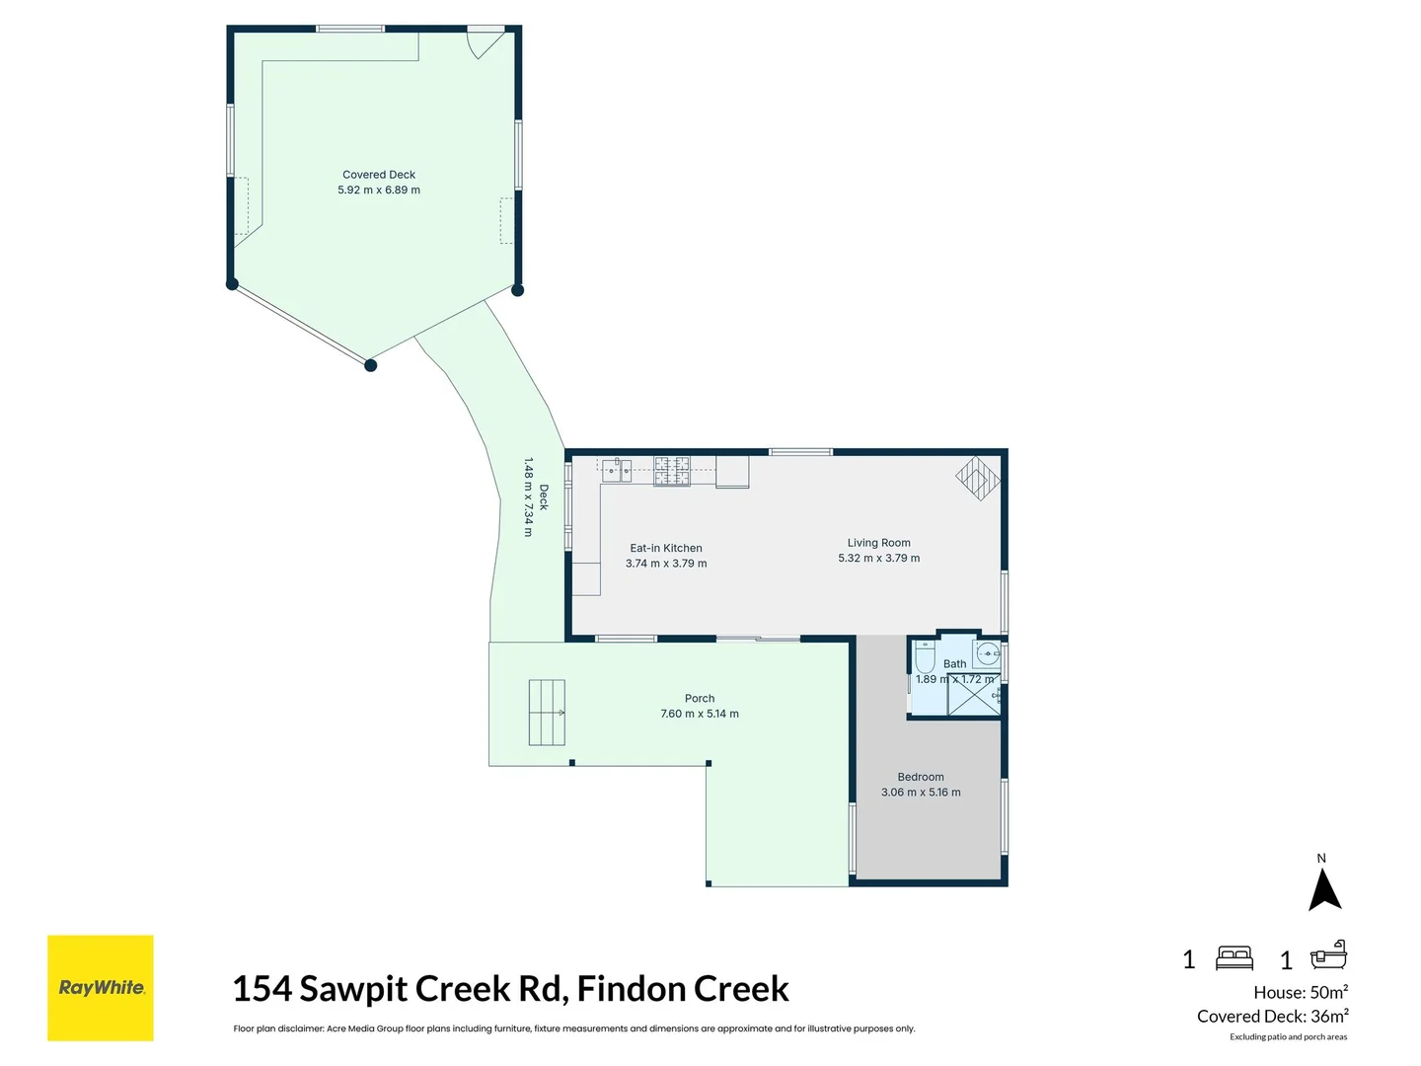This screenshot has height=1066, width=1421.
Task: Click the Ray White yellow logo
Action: click(x=101, y=987)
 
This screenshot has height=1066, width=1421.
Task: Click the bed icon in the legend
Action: click(x=1234, y=957)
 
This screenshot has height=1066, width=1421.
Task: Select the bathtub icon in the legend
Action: click(x=1328, y=955)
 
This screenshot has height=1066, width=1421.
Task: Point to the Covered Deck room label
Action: click(x=379, y=175)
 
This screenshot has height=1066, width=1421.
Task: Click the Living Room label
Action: click(x=878, y=543)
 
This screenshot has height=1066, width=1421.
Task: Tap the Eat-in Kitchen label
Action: click(x=666, y=549)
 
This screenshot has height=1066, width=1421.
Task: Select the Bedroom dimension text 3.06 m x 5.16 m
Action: click(x=921, y=793)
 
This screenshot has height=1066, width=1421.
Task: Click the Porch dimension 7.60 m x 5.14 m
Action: click(x=700, y=714)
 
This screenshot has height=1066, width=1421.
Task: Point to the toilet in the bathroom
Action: click(x=925, y=656)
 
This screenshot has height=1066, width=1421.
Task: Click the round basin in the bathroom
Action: click(x=987, y=653)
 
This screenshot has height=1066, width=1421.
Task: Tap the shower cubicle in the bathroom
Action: click(x=974, y=696)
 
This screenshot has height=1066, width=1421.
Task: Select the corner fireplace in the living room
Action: click(x=978, y=479)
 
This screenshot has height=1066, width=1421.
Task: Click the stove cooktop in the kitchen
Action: click(x=672, y=471)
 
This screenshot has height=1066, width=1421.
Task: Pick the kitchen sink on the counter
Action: click(x=617, y=470)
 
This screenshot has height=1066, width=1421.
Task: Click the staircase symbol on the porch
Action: click(x=547, y=713)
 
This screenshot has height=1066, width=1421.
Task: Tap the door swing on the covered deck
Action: click(x=484, y=44)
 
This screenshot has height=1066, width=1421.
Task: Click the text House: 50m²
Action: click(x=1301, y=993)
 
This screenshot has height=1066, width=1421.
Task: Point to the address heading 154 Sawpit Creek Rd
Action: click(x=510, y=988)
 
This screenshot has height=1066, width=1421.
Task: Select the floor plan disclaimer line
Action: click(x=573, y=1028)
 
